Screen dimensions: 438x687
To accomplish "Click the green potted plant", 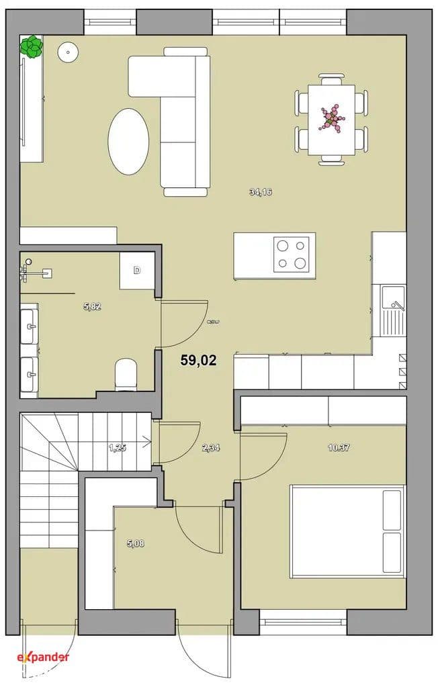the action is coord(32,47).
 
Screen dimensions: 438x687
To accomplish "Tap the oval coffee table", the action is coord(128,142).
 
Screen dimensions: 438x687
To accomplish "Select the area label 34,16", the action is coord(261,192).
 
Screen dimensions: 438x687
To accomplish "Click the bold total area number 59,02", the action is coord(199,360).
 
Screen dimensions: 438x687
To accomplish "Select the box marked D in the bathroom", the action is coord(137,271).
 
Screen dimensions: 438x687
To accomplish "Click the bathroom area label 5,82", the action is coord(92,307).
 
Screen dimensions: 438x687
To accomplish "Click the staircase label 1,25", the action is coord(118,448).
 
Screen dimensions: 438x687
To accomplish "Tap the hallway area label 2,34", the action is coord(211,448).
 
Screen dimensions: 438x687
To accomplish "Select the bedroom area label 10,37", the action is coord(339,448).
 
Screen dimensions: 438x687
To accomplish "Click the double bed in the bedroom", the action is coord(348,531).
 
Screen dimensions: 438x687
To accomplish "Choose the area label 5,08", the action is coord(136,544).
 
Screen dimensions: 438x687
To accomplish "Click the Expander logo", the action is coord(43,657).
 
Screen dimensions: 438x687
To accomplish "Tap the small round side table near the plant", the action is coord(68,52).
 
